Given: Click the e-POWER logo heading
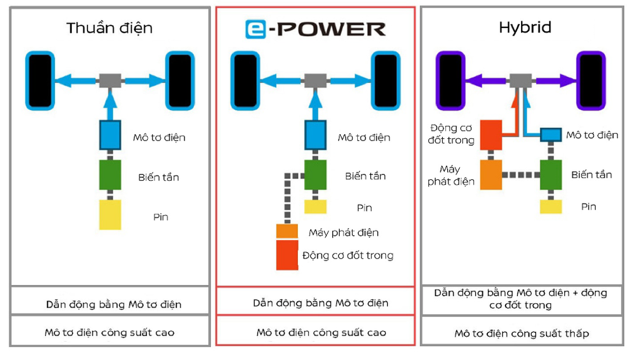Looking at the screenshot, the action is (x=315, y=29).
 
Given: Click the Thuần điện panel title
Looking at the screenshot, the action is (x=109, y=28).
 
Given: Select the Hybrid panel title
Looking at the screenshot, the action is (x=525, y=27).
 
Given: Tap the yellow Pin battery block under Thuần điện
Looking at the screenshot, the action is (x=110, y=214).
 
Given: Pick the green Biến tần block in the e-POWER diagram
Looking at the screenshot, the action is (x=315, y=175).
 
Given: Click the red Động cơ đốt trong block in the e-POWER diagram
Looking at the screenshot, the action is (x=287, y=255).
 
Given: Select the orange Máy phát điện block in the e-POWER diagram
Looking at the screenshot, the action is (x=287, y=231).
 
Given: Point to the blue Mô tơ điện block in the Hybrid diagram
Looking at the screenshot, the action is (x=551, y=134).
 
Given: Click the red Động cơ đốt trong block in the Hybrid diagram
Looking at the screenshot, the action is (x=491, y=134).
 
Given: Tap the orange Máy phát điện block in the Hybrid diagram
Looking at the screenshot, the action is (x=491, y=174).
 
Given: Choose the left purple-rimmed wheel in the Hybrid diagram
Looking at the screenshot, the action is (x=450, y=81).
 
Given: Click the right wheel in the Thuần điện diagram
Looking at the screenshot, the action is (x=180, y=81).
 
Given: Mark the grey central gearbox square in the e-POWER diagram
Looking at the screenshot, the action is (x=315, y=81).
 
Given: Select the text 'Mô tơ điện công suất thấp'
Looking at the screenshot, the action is (x=522, y=334).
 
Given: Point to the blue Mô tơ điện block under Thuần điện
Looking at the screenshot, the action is (x=110, y=135).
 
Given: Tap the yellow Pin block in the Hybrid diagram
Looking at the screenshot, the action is (x=551, y=207).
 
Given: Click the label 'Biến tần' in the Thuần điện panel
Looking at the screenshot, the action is (x=159, y=177).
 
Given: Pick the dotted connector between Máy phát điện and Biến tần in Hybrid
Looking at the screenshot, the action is (x=521, y=175).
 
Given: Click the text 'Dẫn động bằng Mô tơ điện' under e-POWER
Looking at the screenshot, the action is (x=321, y=303).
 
